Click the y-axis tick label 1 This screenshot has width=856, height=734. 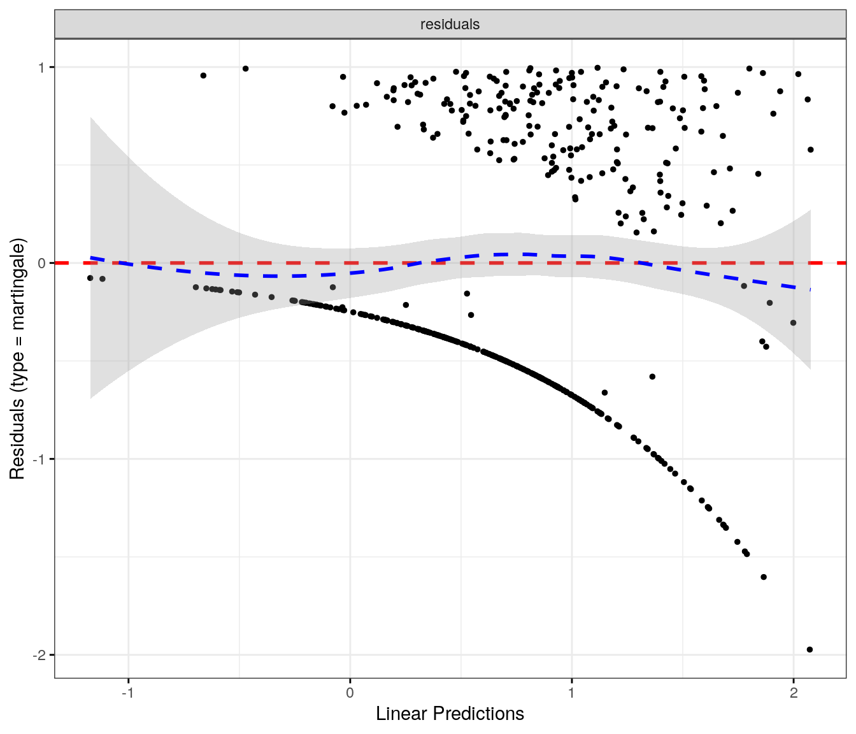click(x=42, y=68)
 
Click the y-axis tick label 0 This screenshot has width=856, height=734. click(x=42, y=263)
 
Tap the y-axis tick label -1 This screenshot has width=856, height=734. click(x=39, y=459)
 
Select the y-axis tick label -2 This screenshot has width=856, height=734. click(x=39, y=655)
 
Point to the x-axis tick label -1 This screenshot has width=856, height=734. click(x=128, y=693)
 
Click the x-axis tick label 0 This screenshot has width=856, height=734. click(x=350, y=693)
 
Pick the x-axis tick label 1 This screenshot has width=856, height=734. click(x=572, y=693)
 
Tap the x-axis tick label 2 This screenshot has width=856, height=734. click(x=794, y=693)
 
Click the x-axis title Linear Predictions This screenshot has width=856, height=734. click(x=450, y=714)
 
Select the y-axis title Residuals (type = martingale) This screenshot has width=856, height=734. click(x=17, y=359)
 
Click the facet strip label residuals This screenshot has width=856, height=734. click(x=450, y=24)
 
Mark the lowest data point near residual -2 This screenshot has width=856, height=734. click(x=810, y=650)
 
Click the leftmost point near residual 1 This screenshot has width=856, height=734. click(x=203, y=75)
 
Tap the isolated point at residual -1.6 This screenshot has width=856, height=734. click(x=764, y=577)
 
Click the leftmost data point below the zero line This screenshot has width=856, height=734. click(x=90, y=278)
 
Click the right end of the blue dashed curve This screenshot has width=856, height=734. click(x=810, y=289)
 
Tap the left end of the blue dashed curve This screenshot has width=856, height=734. click(x=91, y=257)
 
